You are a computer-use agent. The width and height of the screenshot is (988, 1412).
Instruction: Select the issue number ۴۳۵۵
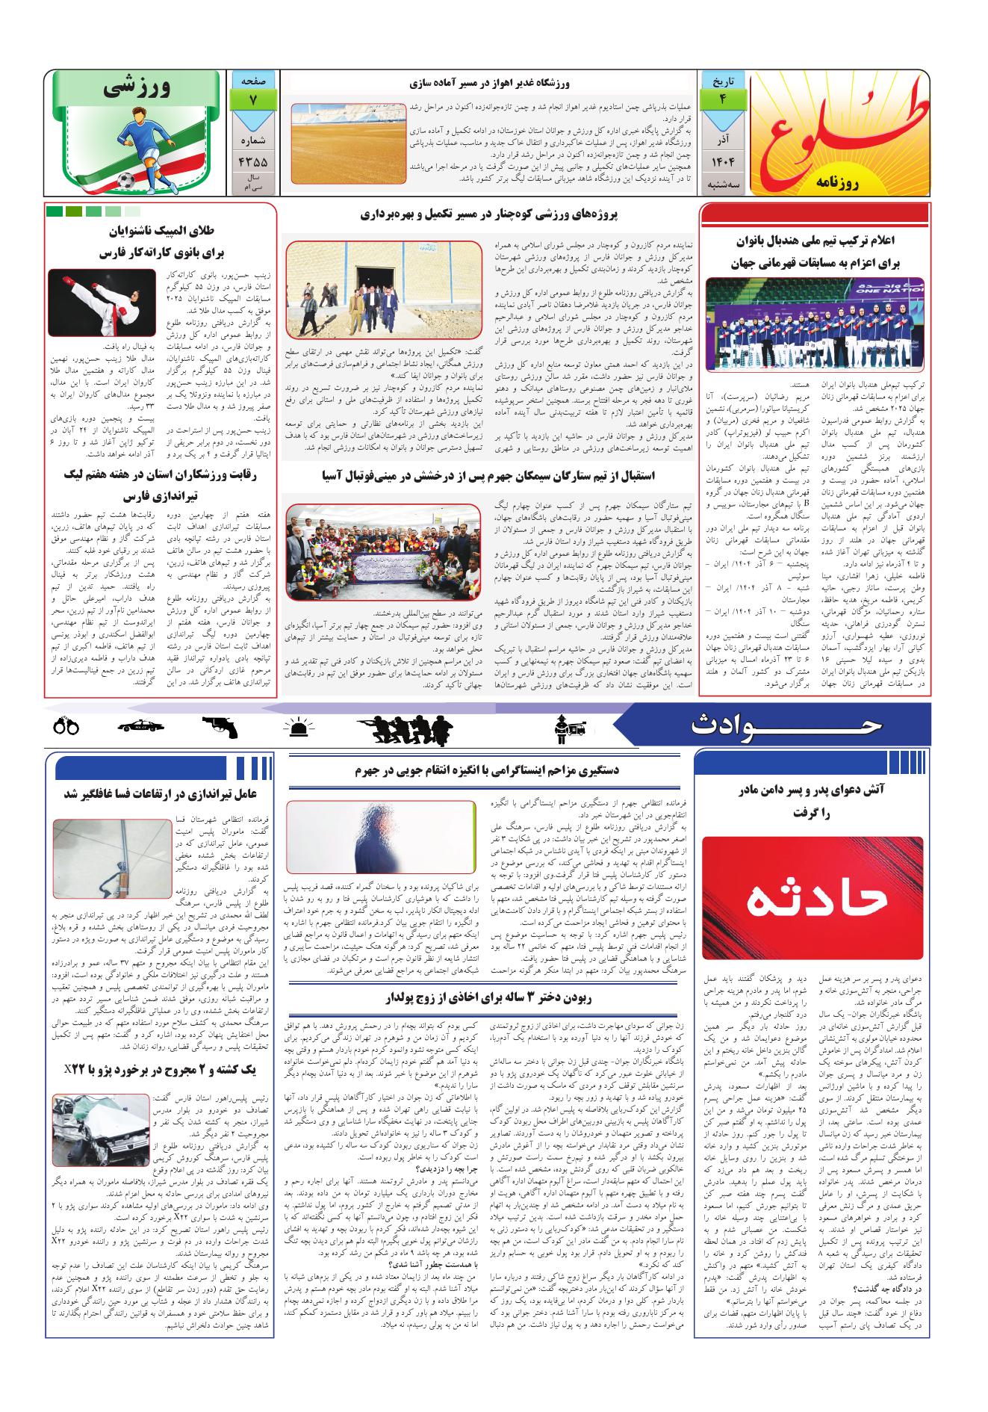pyautogui.click(x=253, y=161)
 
